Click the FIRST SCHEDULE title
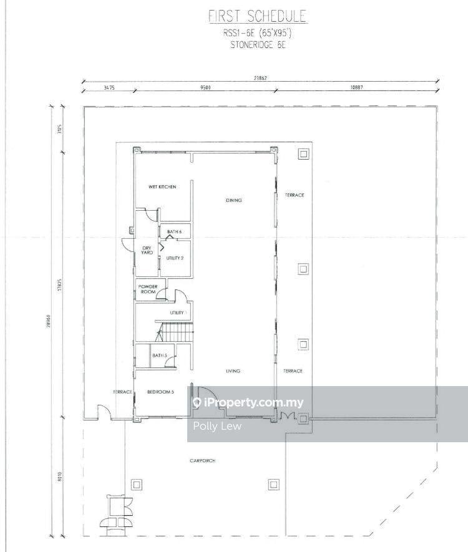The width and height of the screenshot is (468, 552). click(258, 17)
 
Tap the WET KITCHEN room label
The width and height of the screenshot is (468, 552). click(162, 187)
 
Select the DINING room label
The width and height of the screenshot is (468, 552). click(233, 200)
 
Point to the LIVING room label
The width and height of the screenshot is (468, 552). click(233, 371)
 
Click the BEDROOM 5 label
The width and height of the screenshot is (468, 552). click(160, 392)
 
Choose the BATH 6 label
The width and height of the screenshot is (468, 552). click(174, 232)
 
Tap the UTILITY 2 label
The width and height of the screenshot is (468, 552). click(174, 258)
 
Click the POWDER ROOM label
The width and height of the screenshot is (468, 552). click(147, 289)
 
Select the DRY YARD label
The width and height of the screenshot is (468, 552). click(147, 251)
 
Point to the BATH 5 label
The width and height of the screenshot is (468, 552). click(159, 356)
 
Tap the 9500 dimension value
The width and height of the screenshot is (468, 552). click(205, 88)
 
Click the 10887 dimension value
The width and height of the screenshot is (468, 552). click(356, 88)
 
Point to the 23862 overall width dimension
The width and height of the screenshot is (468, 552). click(260, 79)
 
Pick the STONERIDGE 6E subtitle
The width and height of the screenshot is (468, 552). click(258, 45)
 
